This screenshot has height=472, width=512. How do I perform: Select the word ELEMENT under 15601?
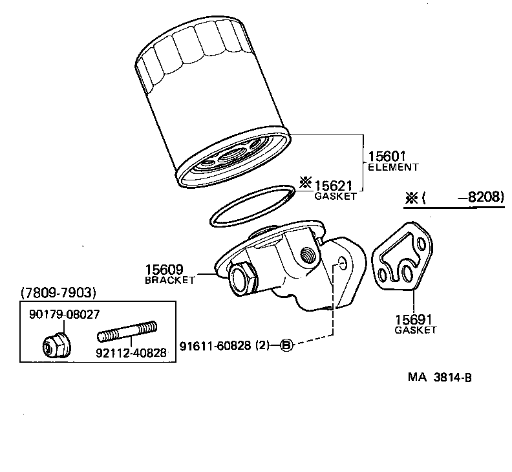tap(393, 167)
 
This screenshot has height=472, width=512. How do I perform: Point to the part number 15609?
tap(165, 270)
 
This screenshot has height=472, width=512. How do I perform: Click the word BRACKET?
tap(169, 280)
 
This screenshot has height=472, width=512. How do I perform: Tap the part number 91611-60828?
tap(216, 345)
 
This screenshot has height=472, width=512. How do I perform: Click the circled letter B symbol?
tap(287, 345)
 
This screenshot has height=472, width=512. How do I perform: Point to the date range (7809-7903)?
tap(58, 293)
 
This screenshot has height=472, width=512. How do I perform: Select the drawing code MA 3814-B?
tap(439, 377)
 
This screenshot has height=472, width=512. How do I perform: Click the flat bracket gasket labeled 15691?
tap(404, 259)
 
